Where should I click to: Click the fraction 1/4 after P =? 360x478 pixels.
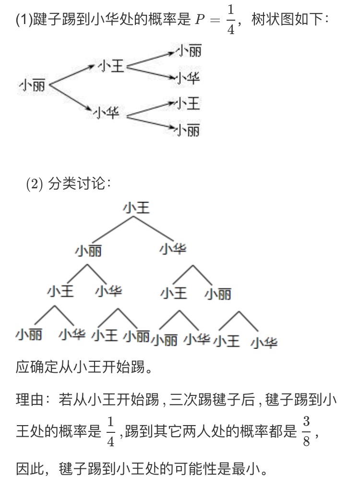(x=231, y=20)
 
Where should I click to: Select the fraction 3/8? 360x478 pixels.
(x=306, y=431)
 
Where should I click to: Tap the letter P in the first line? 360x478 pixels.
(x=200, y=20)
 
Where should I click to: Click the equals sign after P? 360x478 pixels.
(x=215, y=20)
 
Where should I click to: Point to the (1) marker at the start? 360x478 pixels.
(x=24, y=20)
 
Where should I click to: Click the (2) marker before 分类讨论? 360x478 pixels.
(x=35, y=184)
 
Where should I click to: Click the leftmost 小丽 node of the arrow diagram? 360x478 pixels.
(x=32, y=86)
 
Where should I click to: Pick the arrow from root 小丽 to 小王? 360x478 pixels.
(x=72, y=74)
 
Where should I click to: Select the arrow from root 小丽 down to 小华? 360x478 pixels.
(x=71, y=98)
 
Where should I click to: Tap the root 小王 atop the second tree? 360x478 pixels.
(x=136, y=208)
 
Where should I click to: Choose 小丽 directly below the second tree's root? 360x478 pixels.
(x=88, y=251)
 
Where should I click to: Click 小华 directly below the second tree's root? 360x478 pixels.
(x=173, y=248)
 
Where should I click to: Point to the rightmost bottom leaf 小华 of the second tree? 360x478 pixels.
(x=264, y=343)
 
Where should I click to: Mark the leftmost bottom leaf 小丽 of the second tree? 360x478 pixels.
(x=29, y=334)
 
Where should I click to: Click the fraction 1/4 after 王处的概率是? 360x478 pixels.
(x=110, y=431)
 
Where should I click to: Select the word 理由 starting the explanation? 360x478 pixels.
(x=30, y=400)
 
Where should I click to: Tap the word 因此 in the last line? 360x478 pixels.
(x=30, y=468)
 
